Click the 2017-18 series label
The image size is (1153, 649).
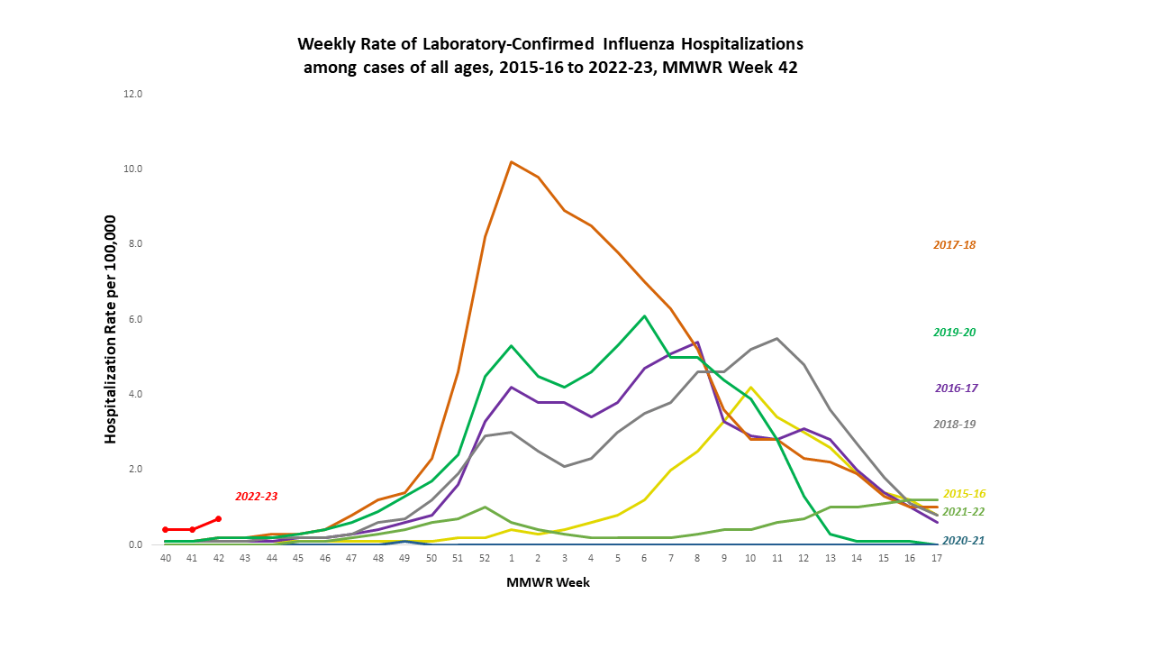[x=954, y=244]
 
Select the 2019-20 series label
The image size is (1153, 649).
[x=954, y=333]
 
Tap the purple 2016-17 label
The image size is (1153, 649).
[x=955, y=388]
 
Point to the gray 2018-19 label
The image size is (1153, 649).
[x=954, y=425]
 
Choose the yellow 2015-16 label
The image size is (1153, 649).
[x=964, y=494]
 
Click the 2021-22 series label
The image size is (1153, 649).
[x=963, y=512]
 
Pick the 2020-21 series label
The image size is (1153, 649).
[x=963, y=542]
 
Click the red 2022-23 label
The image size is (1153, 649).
[x=257, y=497]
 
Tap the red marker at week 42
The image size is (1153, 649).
[x=218, y=518]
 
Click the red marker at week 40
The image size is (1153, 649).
[x=166, y=530]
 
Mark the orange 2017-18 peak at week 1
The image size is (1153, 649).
[x=512, y=162]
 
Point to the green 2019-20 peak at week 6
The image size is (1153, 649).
[x=644, y=316]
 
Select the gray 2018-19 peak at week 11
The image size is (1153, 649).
[x=776, y=339]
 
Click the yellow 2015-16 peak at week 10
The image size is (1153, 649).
[x=750, y=388]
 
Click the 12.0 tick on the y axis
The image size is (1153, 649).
[x=133, y=94]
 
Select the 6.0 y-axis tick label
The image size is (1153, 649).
[x=133, y=319]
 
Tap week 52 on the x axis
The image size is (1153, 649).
[x=485, y=559]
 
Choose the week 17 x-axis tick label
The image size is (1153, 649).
[x=937, y=559]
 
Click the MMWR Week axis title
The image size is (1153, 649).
[x=548, y=583]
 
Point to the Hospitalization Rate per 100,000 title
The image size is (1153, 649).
[x=112, y=329]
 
